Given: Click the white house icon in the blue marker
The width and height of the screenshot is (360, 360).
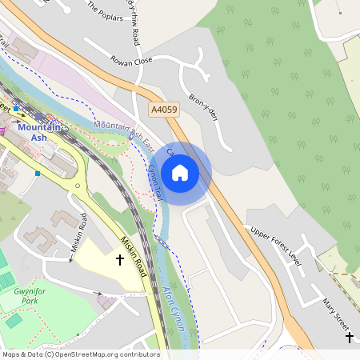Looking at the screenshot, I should [x=180, y=172].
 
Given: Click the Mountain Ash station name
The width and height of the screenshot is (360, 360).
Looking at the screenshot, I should [x=38, y=133].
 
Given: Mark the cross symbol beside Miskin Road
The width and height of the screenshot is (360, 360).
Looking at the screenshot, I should [x=120, y=260].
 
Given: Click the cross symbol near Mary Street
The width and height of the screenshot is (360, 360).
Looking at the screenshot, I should [x=349, y=338].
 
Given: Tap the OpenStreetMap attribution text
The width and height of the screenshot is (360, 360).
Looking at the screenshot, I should [x=81, y=354].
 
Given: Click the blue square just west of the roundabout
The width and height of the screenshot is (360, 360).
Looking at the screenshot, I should [x=37, y=173].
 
